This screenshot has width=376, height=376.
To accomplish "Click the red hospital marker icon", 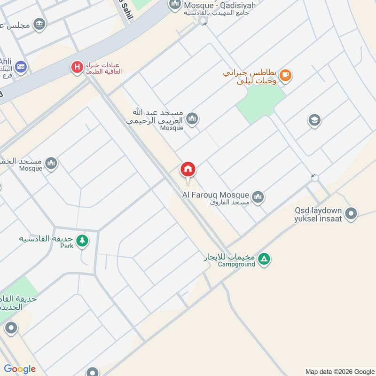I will coord(77,67).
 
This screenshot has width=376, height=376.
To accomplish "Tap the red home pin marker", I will coord(188,170).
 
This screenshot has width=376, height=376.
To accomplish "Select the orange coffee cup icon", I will coord(285,75).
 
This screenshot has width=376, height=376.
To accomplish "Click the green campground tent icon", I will coord(265,258).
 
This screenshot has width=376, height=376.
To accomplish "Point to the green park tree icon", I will coord(83,240).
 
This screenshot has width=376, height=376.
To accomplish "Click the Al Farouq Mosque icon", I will coord(258,197).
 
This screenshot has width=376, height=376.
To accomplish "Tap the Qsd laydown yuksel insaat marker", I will coord(351,214).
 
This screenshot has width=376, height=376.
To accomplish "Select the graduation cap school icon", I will coord(314,121).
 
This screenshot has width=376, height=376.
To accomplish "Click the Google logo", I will coord(20,368).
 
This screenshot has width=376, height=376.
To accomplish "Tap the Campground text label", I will coord(236,265).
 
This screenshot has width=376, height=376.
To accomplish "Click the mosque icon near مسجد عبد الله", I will coord(191,119).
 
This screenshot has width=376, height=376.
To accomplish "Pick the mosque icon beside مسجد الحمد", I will coord(51,163).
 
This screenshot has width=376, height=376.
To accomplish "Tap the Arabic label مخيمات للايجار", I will coord(229,257).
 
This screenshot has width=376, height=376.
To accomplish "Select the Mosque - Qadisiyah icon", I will coord(175,5).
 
